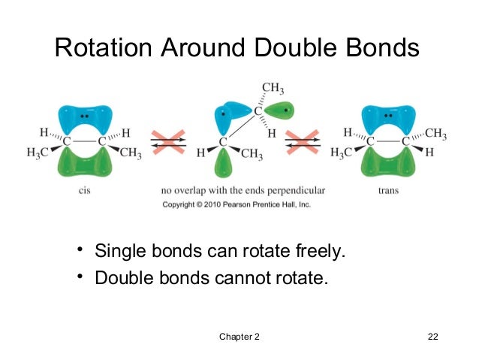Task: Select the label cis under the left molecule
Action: (84, 191)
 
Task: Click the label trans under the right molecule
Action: (388, 191)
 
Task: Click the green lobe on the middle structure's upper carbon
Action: (279, 112)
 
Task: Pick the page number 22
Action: (431, 336)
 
